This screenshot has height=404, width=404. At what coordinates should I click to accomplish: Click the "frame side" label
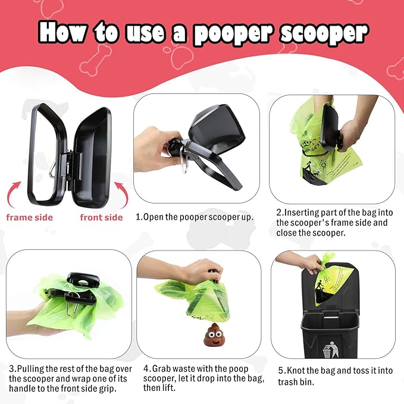coord(30,217)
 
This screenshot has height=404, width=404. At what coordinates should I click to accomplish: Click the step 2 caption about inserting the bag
coord(334,223)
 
